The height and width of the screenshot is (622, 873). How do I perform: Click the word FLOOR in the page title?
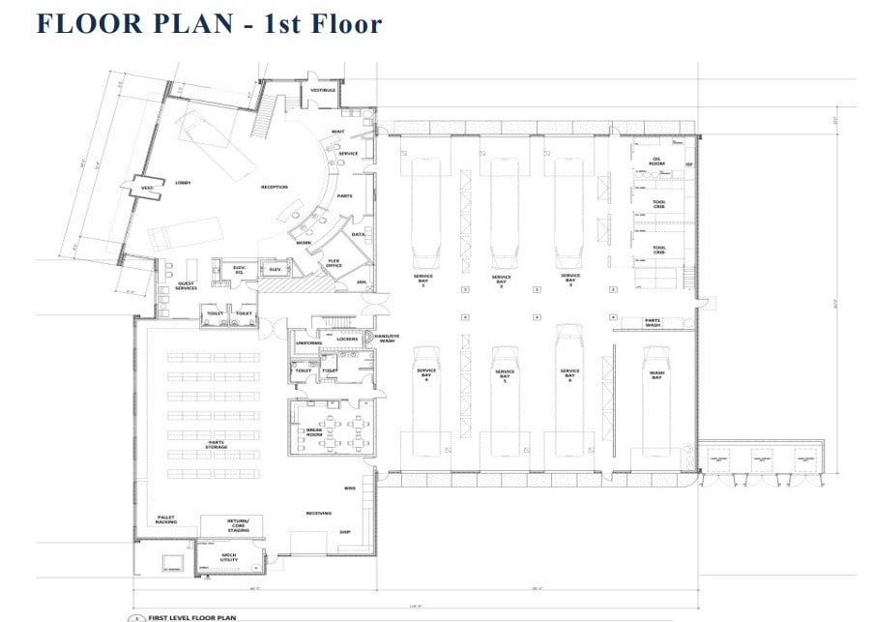pos(102,22)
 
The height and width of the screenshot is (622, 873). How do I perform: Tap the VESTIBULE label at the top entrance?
pos(322,90)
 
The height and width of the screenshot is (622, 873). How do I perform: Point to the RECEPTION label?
pos(274,187)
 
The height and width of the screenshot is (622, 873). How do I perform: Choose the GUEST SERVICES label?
pos(187,286)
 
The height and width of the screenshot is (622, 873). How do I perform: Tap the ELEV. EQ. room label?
pos(239,270)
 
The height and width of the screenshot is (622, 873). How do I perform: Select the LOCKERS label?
pos(347,340)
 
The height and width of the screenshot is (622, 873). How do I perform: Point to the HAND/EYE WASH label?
pos(388,339)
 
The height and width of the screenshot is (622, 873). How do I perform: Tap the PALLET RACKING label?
pos(166,520)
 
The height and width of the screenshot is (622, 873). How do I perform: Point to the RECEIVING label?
pos(319,513)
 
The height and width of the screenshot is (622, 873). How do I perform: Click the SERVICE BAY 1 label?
pos(423,281)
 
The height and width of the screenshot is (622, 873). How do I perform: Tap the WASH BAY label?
pos(655,374)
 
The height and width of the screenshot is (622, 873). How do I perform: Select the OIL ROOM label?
pos(657,162)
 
